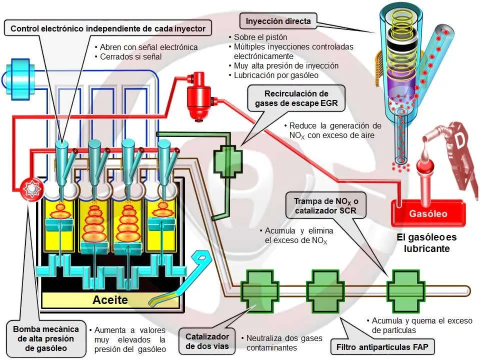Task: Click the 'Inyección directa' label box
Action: click(278, 21)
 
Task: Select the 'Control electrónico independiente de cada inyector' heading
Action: click(108, 28)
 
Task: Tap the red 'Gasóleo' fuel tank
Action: click(428, 213)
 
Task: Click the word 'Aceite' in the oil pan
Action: click(110, 299)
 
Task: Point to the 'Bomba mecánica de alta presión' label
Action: click(46, 338)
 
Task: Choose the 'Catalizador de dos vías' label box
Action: click(207, 341)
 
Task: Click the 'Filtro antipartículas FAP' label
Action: click(382, 347)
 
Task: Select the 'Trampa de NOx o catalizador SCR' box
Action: click(325, 205)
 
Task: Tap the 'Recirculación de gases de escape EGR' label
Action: click(296, 98)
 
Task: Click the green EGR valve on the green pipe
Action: click(228, 161)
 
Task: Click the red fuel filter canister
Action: click(199, 96)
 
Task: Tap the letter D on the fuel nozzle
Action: click(459, 140)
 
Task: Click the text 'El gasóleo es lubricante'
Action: click(426, 242)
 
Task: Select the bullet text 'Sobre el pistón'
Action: click(258, 37)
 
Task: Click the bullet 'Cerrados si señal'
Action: click(128, 56)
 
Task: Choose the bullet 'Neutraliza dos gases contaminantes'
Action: click(281, 343)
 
